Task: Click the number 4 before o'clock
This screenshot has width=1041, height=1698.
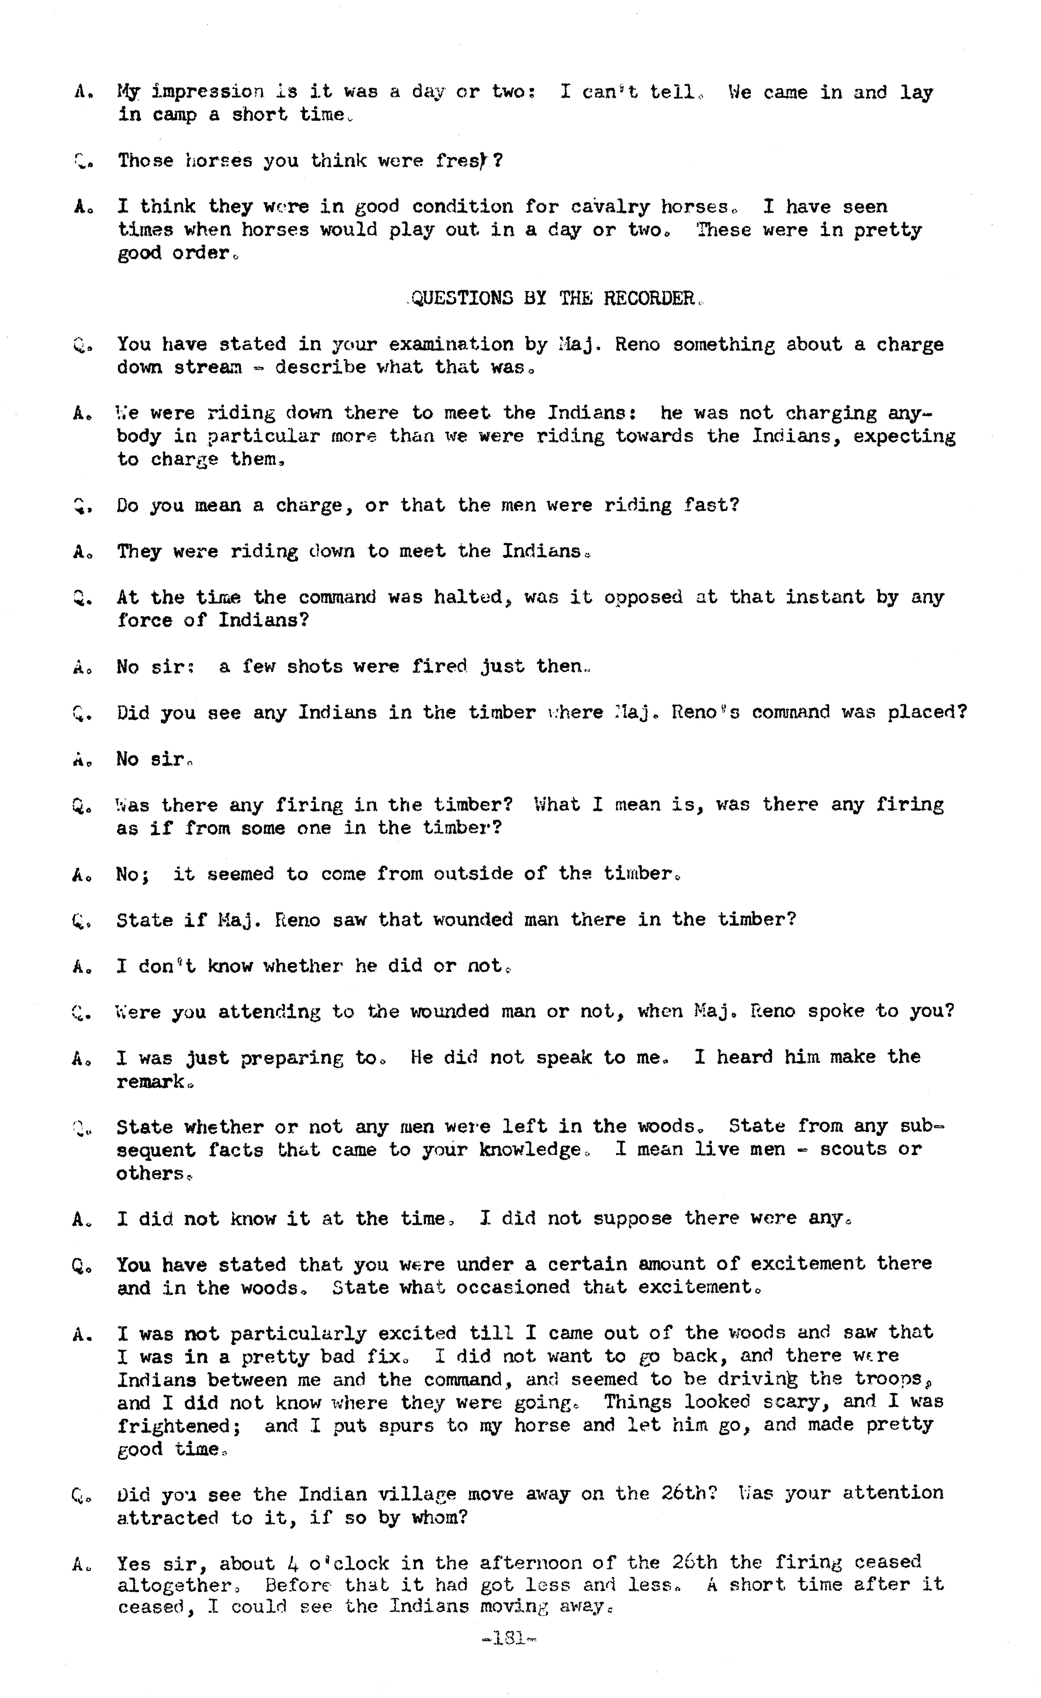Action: (288, 1563)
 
